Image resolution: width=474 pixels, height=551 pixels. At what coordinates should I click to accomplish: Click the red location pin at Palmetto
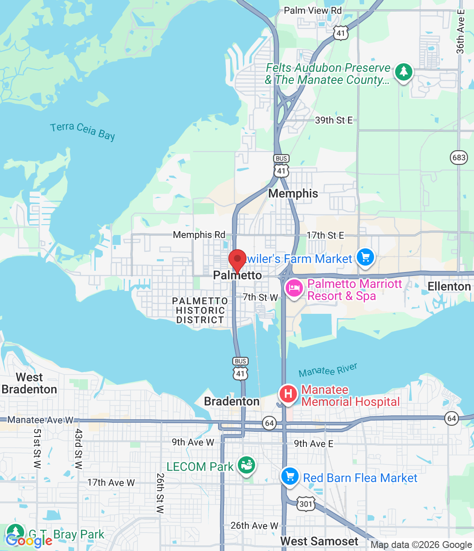[x=237, y=260]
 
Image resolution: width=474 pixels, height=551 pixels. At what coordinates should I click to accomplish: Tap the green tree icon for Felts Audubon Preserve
[x=403, y=72]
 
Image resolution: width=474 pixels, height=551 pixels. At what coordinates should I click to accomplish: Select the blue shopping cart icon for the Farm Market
[x=365, y=257]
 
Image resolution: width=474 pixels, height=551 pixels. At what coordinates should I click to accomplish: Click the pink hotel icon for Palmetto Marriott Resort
[x=294, y=288]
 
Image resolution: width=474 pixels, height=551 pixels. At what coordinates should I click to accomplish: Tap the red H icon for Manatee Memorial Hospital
[x=288, y=393]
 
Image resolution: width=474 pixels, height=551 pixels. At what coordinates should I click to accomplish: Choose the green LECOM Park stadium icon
[x=246, y=465]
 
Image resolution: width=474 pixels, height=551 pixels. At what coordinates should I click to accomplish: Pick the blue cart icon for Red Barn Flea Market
[x=290, y=477]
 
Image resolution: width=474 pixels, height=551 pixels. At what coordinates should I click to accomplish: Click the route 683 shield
[x=459, y=157]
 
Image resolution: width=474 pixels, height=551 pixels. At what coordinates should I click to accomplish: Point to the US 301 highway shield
[x=306, y=504]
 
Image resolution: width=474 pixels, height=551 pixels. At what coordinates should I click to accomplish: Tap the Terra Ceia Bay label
[x=82, y=131]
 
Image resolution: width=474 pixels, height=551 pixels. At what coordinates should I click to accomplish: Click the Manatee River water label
[x=328, y=370]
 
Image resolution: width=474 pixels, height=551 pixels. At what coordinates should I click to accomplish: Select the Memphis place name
[x=293, y=194]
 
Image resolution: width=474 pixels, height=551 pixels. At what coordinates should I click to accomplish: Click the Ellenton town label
[x=449, y=287]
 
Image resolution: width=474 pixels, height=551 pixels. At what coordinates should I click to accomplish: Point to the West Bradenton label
[x=29, y=383]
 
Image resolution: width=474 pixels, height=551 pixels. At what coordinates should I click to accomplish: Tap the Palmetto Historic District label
[x=200, y=310]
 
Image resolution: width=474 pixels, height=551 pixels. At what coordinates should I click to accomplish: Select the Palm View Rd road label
[x=312, y=11]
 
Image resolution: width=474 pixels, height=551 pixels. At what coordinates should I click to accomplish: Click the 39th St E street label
[x=334, y=121]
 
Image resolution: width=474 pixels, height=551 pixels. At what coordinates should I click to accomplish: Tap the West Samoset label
[x=319, y=542]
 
